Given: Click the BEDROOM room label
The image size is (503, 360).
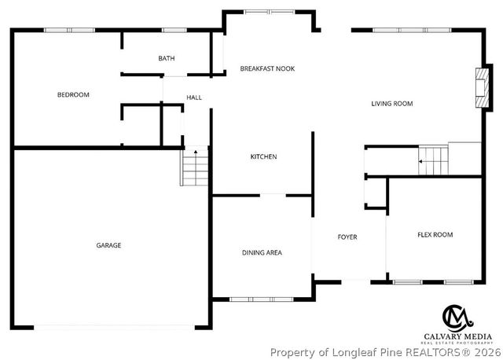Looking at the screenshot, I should (73, 95).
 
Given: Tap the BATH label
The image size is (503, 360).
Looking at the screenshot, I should (166, 58).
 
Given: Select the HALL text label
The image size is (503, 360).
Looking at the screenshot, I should (193, 97).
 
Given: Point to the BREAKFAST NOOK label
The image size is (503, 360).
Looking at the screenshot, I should (267, 69).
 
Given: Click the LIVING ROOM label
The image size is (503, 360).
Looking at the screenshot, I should (392, 103).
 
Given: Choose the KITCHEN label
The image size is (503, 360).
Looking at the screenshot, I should (263, 157).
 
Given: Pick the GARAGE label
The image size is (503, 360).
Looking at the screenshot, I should (108, 245).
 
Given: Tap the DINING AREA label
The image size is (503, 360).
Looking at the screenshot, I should (262, 252).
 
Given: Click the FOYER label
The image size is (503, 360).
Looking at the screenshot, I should (347, 237).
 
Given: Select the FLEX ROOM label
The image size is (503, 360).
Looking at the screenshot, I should (435, 234).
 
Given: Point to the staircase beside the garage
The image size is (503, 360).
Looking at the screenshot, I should (196, 167).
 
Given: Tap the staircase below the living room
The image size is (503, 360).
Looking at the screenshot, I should (432, 160).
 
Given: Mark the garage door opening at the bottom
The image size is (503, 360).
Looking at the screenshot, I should (115, 327).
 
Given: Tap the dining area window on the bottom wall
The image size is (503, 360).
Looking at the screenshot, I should (262, 299).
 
